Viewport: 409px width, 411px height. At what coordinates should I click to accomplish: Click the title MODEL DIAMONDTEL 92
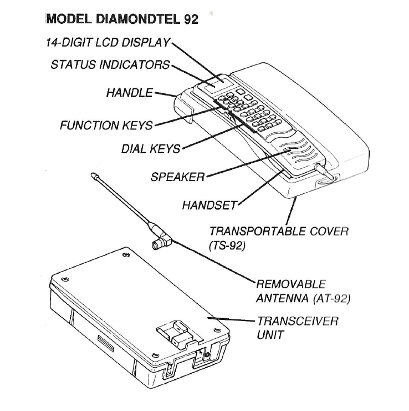tap(122, 19)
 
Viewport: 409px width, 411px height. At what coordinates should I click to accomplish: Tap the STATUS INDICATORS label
tap(110, 64)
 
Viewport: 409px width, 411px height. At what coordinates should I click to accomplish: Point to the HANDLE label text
tap(129, 92)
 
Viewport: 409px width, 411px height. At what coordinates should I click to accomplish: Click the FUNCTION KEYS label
tap(106, 126)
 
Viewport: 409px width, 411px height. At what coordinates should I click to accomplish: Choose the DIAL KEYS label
tap(151, 149)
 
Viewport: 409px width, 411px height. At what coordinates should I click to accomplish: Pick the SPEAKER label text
tap(177, 178)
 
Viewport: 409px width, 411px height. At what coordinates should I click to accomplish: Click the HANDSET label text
tap(209, 205)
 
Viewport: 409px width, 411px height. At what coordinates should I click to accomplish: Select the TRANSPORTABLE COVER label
tap(278, 230)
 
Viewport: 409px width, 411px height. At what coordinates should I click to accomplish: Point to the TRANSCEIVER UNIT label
tap(297, 328)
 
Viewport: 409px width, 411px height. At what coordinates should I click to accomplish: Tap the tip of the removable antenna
tap(93, 176)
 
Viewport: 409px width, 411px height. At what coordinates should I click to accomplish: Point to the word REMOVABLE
tap(291, 284)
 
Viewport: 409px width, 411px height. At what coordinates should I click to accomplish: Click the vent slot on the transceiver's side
tap(106, 340)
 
